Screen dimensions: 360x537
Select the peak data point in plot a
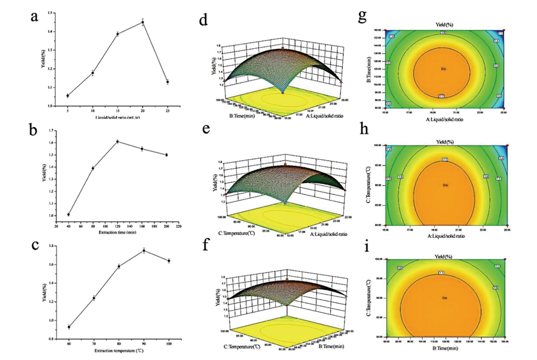tap(142, 22)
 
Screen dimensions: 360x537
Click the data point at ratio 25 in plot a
tap(168, 82)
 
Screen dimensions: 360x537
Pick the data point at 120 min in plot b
tap(117, 142)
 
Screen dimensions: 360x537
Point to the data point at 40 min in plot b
tap(68, 215)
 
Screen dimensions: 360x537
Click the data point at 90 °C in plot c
tap(144, 251)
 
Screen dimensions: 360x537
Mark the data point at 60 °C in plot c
tap(69, 327)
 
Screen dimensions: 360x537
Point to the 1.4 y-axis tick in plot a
tap(54, 32)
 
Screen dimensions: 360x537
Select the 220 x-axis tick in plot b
tap(179, 226)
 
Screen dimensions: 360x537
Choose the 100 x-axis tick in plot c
tap(169, 338)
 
